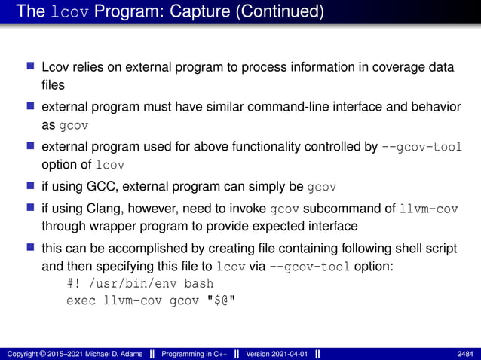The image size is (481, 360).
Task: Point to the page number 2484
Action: (x=465, y=353)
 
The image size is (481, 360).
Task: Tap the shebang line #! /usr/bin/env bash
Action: (x=140, y=284)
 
